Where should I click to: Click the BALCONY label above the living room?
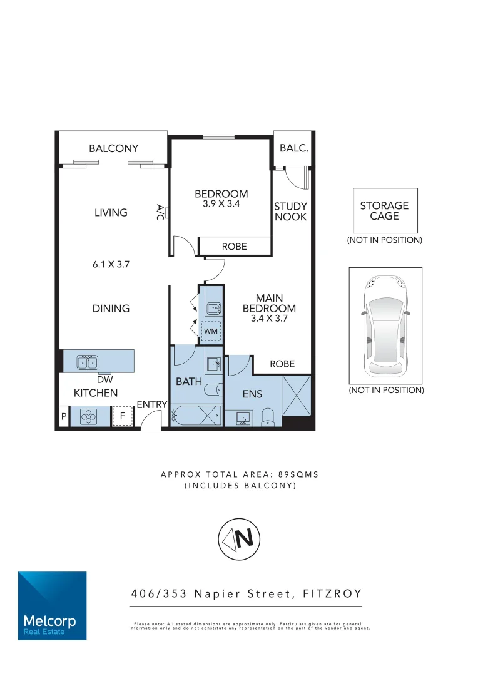(113, 148)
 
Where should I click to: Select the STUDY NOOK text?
(291, 212)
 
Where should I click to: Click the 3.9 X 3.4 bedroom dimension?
(221, 204)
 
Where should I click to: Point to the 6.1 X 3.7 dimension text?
(111, 265)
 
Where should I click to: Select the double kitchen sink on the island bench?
(86, 362)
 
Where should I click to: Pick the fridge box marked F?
(123, 416)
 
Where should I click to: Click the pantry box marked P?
(63, 416)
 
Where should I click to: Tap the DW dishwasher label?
(104, 379)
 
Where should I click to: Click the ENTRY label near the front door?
(152, 405)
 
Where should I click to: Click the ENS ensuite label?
(253, 394)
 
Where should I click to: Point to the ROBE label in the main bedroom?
(282, 364)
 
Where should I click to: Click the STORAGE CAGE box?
(384, 210)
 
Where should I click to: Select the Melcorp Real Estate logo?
(52, 605)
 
